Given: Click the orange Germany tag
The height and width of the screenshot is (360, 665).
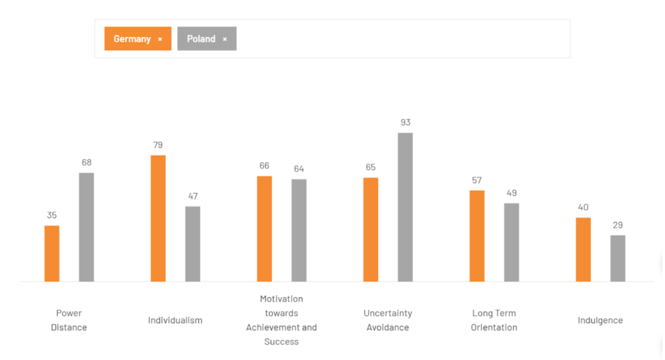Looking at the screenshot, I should (132, 39).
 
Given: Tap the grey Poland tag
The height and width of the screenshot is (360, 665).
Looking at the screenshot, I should (201, 39).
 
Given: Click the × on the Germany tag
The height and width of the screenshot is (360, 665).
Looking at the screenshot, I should (160, 39).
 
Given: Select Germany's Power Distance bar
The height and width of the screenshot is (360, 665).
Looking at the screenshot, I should (52, 253).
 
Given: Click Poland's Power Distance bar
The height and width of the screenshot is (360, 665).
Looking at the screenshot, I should (86, 227).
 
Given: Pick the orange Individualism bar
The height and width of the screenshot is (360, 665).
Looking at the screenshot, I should (158, 218).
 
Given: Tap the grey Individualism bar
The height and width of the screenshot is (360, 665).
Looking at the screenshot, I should (193, 244).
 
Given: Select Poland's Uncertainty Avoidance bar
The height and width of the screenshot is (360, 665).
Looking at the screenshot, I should (405, 207).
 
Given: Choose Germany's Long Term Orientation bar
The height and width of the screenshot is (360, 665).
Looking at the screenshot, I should (477, 236).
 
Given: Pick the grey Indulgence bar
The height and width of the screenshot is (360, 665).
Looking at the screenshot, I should (618, 258).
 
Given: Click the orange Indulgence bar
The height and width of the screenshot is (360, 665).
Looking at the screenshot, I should (583, 250).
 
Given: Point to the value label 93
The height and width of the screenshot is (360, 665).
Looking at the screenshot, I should (405, 122).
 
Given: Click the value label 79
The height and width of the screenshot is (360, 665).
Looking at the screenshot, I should (158, 145).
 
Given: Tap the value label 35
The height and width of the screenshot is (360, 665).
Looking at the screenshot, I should (52, 215).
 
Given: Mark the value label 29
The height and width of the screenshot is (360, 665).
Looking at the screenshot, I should (618, 225).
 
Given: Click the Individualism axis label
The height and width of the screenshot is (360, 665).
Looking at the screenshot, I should (175, 320).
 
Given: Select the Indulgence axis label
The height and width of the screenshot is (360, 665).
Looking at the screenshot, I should (600, 320).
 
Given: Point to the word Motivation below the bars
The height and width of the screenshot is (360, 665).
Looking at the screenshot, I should (281, 299).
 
